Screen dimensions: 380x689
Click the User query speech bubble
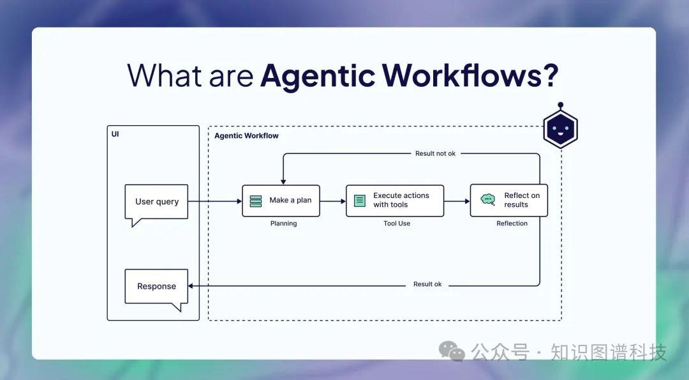(156, 202)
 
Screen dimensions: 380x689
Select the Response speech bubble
(156, 286)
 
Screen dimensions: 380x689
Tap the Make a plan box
(281, 201)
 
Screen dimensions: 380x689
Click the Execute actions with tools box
(395, 201)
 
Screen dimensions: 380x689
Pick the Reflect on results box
(508, 201)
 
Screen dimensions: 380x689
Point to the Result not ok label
(435, 153)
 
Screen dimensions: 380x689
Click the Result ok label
(427, 284)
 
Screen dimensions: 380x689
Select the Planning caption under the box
(283, 224)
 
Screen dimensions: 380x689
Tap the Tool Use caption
(397, 224)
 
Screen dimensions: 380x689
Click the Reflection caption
(512, 224)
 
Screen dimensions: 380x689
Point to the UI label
(115, 135)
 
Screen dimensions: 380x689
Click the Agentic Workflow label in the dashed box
(246, 136)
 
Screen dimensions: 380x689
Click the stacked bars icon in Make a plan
(256, 201)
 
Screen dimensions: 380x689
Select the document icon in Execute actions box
(360, 201)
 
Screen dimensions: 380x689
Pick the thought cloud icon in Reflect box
(488, 199)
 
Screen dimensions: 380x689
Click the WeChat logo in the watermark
(452, 351)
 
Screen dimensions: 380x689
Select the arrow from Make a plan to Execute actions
(332, 201)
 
